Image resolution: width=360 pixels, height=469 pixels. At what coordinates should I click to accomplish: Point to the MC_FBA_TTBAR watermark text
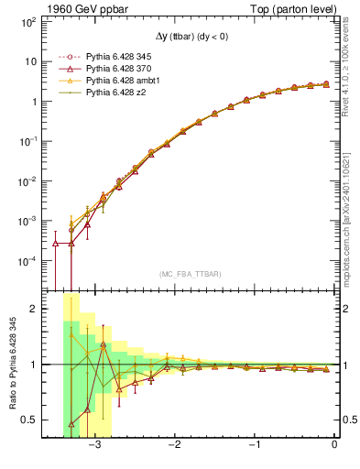[x=190, y=275]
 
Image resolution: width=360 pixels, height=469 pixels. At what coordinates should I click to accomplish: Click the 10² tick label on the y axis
[x=28, y=22]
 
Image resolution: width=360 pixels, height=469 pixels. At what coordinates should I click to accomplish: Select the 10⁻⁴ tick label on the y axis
[x=27, y=261]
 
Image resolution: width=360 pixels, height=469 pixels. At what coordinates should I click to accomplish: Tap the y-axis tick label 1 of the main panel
[x=33, y=102]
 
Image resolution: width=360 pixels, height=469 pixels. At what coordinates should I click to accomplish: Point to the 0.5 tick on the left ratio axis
[x=27, y=420]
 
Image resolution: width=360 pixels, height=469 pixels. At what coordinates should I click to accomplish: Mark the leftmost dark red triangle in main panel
[x=56, y=244]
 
